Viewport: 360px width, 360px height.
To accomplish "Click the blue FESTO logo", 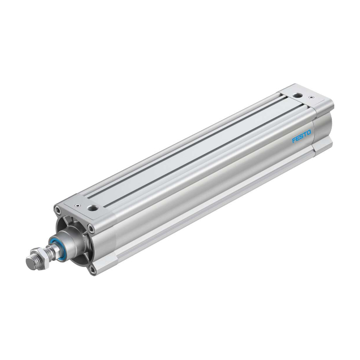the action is pyautogui.click(x=301, y=136).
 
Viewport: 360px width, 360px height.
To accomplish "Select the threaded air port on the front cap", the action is pyautogui.click(x=92, y=208).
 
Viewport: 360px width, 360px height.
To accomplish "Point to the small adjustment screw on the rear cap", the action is pyautogui.click(x=311, y=97).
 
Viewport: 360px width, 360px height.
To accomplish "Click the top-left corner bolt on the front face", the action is pyautogui.click(x=57, y=209).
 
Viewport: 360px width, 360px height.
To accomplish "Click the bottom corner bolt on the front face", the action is pyautogui.click(x=93, y=270).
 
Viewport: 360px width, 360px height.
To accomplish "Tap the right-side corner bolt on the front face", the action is pyautogui.click(x=92, y=228).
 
